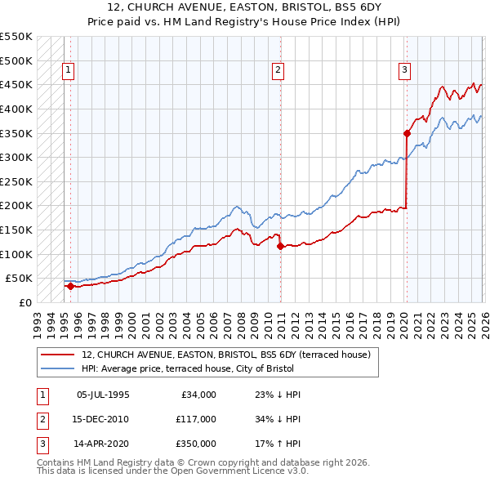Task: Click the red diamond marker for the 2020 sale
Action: click(407, 132)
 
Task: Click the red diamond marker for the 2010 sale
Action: click(280, 245)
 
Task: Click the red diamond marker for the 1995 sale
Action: click(70, 286)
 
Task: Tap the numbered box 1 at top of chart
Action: click(68, 71)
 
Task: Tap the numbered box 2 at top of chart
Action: click(278, 71)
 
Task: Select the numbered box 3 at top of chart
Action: click(404, 71)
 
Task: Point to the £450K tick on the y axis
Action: click(16, 84)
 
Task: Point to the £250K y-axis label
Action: click(16, 181)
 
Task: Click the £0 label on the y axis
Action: click(24, 302)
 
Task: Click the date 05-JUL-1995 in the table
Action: click(103, 395)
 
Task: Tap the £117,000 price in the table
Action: click(197, 419)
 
